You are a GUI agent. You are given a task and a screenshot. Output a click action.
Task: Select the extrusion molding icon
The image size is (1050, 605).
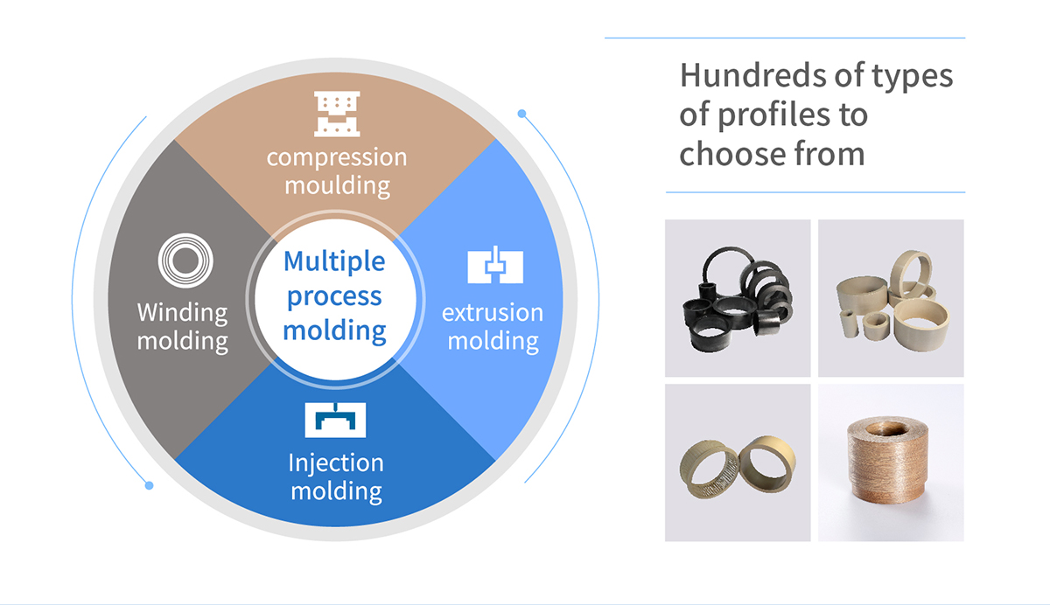pos(494,266)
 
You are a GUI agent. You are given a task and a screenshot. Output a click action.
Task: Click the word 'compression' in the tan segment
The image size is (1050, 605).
pos(337,157)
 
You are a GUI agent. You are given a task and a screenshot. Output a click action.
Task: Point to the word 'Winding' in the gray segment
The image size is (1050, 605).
pos(182,312)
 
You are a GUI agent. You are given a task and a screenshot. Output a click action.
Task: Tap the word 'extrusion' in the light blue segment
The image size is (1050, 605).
pos(493,312)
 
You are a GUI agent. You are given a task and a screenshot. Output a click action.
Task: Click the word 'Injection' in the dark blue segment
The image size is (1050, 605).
pos(336,462)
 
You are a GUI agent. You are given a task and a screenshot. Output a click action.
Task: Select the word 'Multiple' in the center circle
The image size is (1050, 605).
pos(334,261)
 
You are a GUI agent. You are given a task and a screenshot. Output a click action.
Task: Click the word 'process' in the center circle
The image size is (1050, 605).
pos(334,296)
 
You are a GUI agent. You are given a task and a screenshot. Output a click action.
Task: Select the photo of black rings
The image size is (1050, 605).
pos(737,298)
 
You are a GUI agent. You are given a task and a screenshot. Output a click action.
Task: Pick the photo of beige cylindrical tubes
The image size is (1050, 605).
pos(891,298)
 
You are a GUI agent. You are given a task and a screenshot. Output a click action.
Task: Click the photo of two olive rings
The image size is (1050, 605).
pos(737,462)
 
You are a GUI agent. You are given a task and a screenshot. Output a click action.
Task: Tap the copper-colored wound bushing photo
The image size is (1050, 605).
pos(891,462)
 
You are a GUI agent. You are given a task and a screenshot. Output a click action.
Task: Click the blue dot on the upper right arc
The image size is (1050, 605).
pos(521,113)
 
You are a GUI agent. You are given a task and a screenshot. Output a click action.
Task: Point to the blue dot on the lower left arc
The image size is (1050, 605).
pos(150,485)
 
